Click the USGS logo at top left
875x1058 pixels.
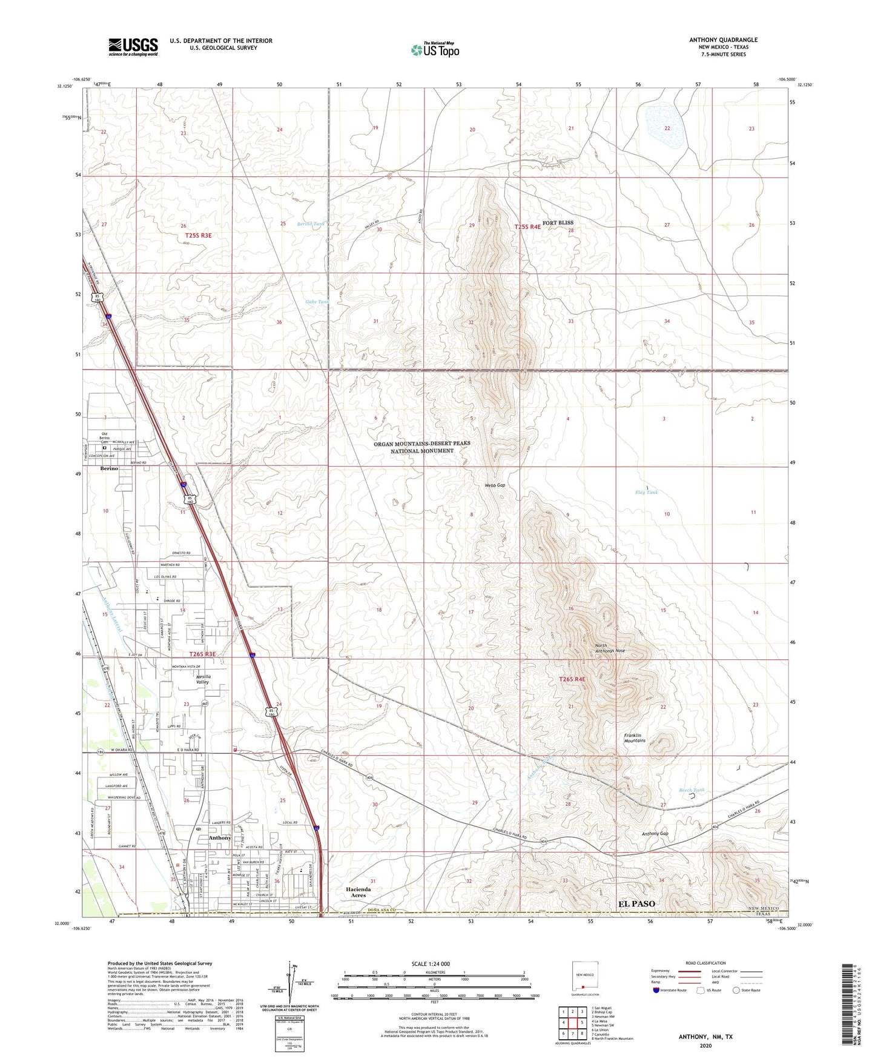pos(133,47)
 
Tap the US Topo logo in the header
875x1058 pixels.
pos(435,50)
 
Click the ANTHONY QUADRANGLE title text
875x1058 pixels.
pos(723,40)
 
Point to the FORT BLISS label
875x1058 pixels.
pos(558,223)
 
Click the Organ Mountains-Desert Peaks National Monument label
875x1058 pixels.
pos(421,447)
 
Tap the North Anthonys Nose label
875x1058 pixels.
pos(609,648)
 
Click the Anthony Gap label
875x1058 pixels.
pos(655,834)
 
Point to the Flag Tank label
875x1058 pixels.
pos(646,493)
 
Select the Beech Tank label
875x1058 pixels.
pos(692,790)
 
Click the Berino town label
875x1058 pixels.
pos(110,469)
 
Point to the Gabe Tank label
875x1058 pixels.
pos(317,302)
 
